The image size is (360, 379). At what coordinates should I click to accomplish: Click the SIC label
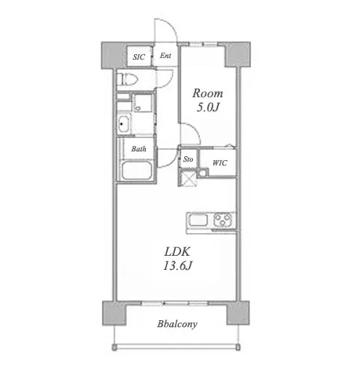pos(139,57)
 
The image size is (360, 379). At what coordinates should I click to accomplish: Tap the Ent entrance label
pos(165,56)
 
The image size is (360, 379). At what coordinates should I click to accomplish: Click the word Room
pos(208,93)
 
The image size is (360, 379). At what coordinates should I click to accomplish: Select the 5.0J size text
pos(208,108)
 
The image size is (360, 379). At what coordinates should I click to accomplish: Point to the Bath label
pos(139,149)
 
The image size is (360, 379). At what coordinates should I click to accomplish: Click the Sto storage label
pos(188,159)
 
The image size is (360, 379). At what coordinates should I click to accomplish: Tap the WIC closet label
pos(220,163)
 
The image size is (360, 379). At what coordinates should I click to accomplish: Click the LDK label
pos(177,252)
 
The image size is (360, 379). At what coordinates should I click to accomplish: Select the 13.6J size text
pos(178,266)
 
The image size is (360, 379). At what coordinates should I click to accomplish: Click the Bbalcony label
pos(177,324)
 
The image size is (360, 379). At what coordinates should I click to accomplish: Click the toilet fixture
pos(127,79)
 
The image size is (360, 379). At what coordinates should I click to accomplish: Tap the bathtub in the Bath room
pos(136,170)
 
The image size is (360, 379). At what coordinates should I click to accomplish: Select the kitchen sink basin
pos(198,220)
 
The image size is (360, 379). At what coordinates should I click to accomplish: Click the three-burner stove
pos(223,220)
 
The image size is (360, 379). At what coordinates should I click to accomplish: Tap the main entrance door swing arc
pos(170,25)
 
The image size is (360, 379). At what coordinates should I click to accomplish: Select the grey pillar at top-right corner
pos(238,54)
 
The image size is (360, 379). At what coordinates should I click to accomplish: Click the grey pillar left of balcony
pos(115,313)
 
